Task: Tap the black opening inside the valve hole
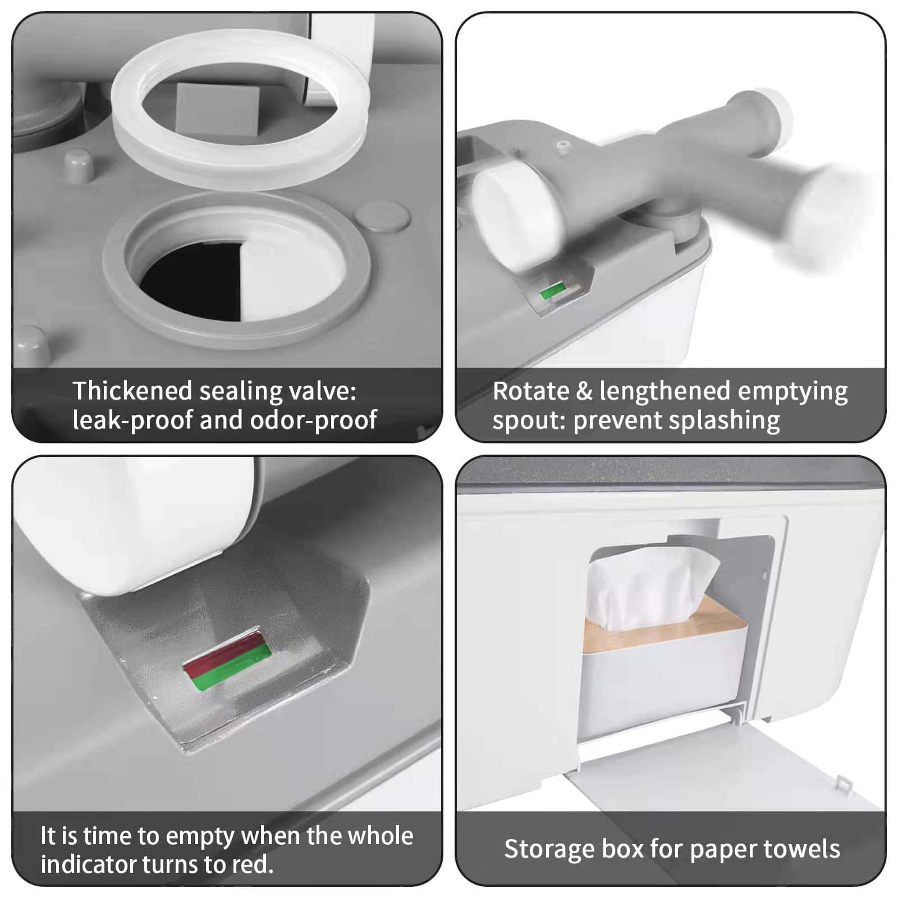(x=194, y=278)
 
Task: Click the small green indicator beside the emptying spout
(x=552, y=291)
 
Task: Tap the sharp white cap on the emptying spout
(x=516, y=216)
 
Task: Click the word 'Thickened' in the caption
(x=132, y=391)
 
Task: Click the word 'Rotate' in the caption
(x=530, y=391)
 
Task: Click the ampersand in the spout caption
(x=584, y=391)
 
